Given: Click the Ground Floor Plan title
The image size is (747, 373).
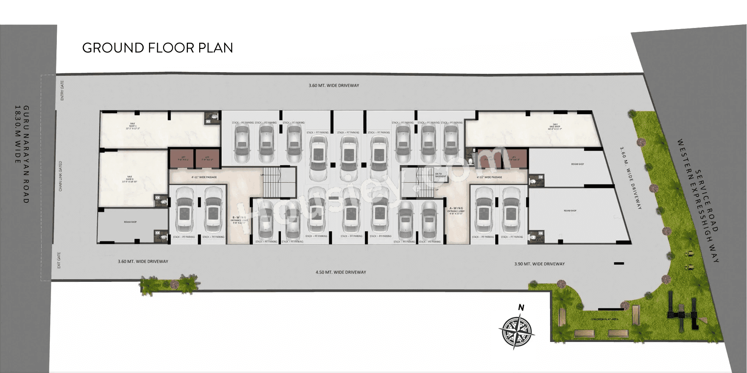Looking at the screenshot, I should coord(158,48).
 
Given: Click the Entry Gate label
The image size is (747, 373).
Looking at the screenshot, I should coord(62,91).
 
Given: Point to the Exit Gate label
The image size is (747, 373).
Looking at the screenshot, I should coord(59,260).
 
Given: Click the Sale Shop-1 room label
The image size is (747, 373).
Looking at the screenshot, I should coord(133,126).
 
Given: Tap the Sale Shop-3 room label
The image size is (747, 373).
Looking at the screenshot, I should coord(130,179).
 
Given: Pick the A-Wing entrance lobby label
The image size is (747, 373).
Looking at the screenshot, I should coord(456,211).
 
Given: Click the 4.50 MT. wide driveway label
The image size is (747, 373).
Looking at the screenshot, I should coord(341,272).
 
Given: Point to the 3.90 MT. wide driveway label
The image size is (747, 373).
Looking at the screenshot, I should coord(539,264).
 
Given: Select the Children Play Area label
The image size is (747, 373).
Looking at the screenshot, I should coord(604,319).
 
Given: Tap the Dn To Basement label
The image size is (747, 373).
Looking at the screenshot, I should coord(440,175).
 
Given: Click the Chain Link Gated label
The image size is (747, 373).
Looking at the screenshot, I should coord(60,176).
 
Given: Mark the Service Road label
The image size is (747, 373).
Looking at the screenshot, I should coord(707,200).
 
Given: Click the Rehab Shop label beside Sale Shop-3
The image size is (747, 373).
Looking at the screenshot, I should coord(130,222).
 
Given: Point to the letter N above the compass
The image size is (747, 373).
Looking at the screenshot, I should coord(521,308).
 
